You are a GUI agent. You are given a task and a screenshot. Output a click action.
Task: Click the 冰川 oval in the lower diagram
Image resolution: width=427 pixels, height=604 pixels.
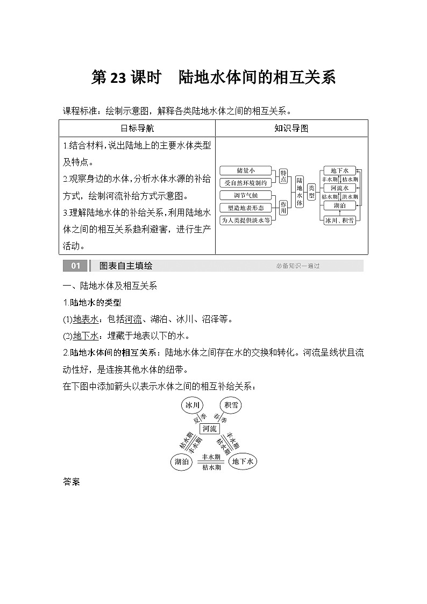pyautogui.click(x=192, y=406)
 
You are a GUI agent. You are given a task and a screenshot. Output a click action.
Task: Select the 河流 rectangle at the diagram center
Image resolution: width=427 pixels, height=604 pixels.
pyautogui.click(x=209, y=429)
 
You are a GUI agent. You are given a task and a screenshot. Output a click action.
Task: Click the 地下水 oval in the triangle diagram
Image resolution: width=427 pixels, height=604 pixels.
pyautogui.click(x=243, y=461)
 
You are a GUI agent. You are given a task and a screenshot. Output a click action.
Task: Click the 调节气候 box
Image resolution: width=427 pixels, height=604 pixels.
pyautogui.click(x=245, y=195)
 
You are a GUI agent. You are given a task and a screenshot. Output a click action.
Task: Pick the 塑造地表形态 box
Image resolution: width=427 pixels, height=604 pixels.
pyautogui.click(x=245, y=208)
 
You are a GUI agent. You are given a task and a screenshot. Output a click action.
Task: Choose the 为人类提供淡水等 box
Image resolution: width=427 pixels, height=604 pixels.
pyautogui.click(x=245, y=220)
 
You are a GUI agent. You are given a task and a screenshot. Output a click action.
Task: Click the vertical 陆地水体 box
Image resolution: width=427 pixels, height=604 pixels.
pyautogui.click(x=300, y=191)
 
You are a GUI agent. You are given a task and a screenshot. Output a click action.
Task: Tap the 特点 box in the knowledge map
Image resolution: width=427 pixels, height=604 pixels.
pyautogui.click(x=283, y=176)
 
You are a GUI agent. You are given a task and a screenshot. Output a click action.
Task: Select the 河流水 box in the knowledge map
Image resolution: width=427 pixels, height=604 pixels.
pyautogui.click(x=340, y=188)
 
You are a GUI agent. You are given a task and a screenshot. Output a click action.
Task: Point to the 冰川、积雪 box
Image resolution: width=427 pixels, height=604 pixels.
pyautogui.click(x=340, y=220)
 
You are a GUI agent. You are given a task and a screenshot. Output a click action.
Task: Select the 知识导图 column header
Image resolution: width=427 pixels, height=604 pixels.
pyautogui.click(x=291, y=128)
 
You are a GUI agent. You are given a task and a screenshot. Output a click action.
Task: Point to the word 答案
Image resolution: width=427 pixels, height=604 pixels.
pyautogui.click(x=72, y=482)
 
